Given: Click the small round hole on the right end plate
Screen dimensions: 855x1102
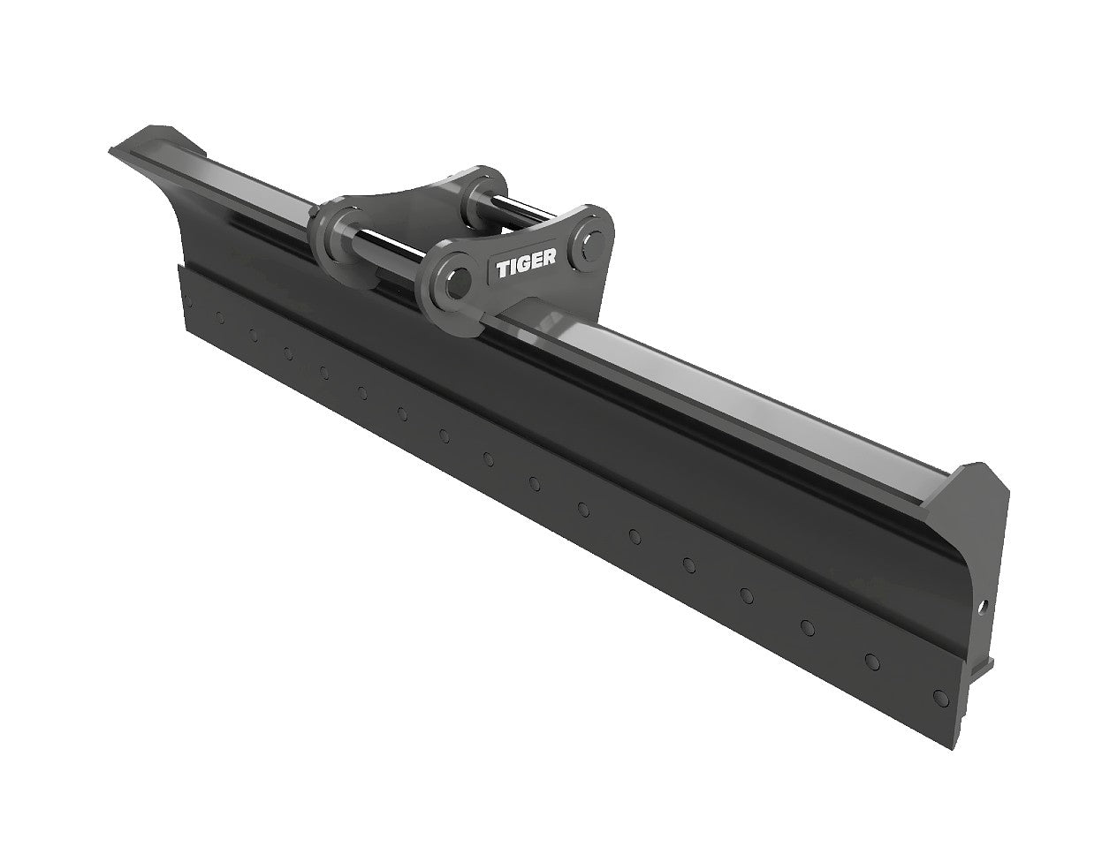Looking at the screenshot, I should coord(982,608).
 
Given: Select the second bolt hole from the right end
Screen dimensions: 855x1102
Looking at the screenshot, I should coord(872,662).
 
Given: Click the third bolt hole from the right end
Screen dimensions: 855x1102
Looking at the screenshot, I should coord(806,626).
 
